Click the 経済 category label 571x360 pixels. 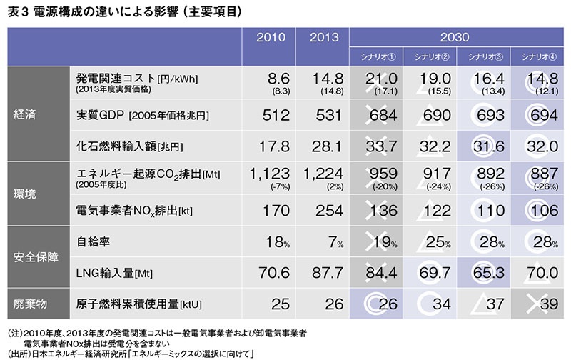coord(27,114)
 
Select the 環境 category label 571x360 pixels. coord(27,194)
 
